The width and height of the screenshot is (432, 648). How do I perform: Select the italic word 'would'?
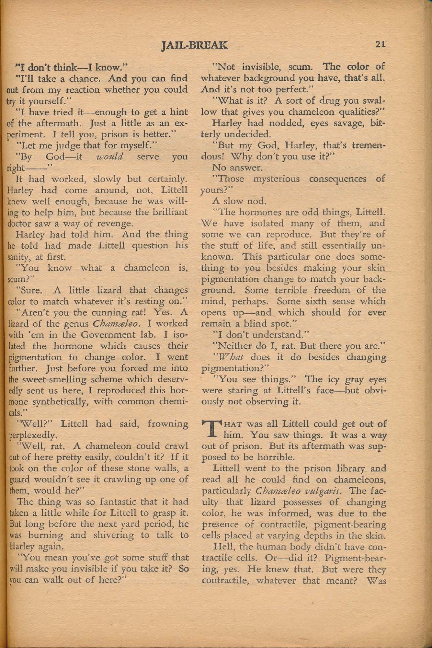(x=110, y=157)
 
